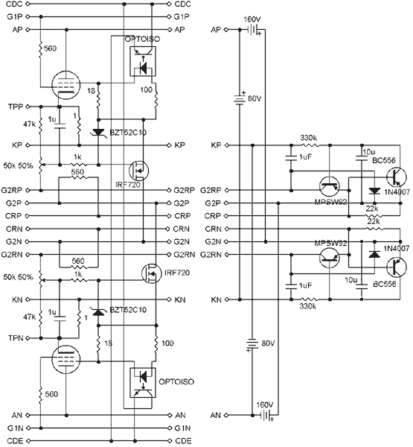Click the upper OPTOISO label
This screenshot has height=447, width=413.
pyautogui.click(x=142, y=39)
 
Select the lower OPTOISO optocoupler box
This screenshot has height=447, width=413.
pyautogui.click(x=143, y=383)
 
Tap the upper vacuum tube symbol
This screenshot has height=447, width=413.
pyautogui.click(x=66, y=85)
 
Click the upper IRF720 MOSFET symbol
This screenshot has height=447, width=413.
pyautogui.click(x=138, y=171)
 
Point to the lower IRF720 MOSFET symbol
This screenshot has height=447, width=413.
pyautogui.click(x=152, y=273)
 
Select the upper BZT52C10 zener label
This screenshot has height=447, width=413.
pyautogui.click(x=128, y=133)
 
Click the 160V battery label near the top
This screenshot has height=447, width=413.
pyautogui.click(x=252, y=19)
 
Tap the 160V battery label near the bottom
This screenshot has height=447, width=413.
pyautogui.click(x=265, y=405)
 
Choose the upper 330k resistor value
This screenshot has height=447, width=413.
pyautogui.click(x=309, y=138)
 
